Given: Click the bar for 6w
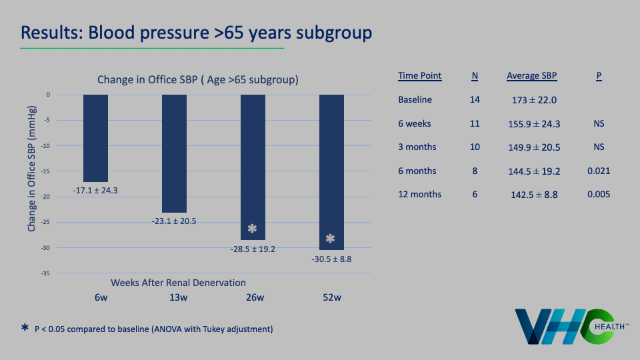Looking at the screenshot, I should click(x=95, y=138).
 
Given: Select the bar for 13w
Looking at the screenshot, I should click(x=174, y=153).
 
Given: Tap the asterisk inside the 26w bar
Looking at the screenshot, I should click(x=252, y=229).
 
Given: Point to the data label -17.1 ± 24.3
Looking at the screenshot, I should click(x=95, y=191).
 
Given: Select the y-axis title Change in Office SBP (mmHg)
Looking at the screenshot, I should click(x=32, y=171).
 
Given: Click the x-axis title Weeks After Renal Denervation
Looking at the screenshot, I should click(x=179, y=282).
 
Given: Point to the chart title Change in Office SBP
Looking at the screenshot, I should click(x=197, y=79).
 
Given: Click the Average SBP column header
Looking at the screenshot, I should click(x=531, y=76).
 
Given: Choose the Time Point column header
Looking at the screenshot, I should click(x=419, y=76).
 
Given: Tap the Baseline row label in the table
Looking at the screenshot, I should click(x=415, y=100).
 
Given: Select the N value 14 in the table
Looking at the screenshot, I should click(x=475, y=100).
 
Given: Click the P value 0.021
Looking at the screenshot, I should click(x=599, y=171).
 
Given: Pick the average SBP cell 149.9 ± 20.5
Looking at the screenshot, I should click(x=533, y=147).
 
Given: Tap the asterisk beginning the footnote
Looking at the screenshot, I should click(x=25, y=328).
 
